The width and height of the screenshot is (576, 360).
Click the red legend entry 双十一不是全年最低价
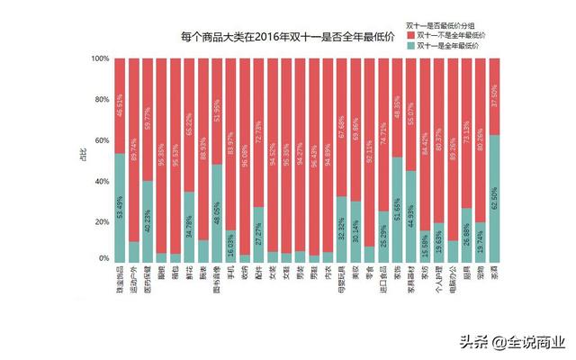coord(450,32)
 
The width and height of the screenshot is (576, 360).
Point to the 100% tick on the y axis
coord(100,58)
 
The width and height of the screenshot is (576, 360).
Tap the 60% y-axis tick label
coord(102,139)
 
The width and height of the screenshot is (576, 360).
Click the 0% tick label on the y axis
coord(104,259)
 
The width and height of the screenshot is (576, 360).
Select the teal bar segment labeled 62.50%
coord(494,198)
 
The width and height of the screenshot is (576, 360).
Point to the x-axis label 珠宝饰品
coord(121,283)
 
